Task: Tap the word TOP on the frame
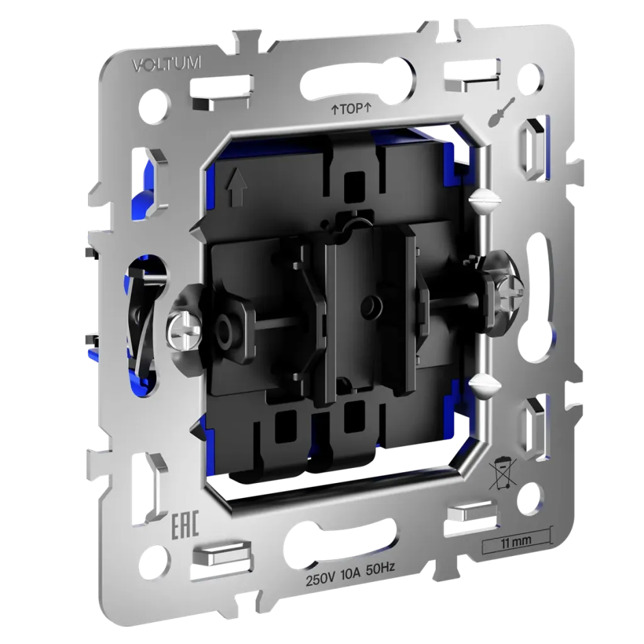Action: [x=351, y=109]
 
